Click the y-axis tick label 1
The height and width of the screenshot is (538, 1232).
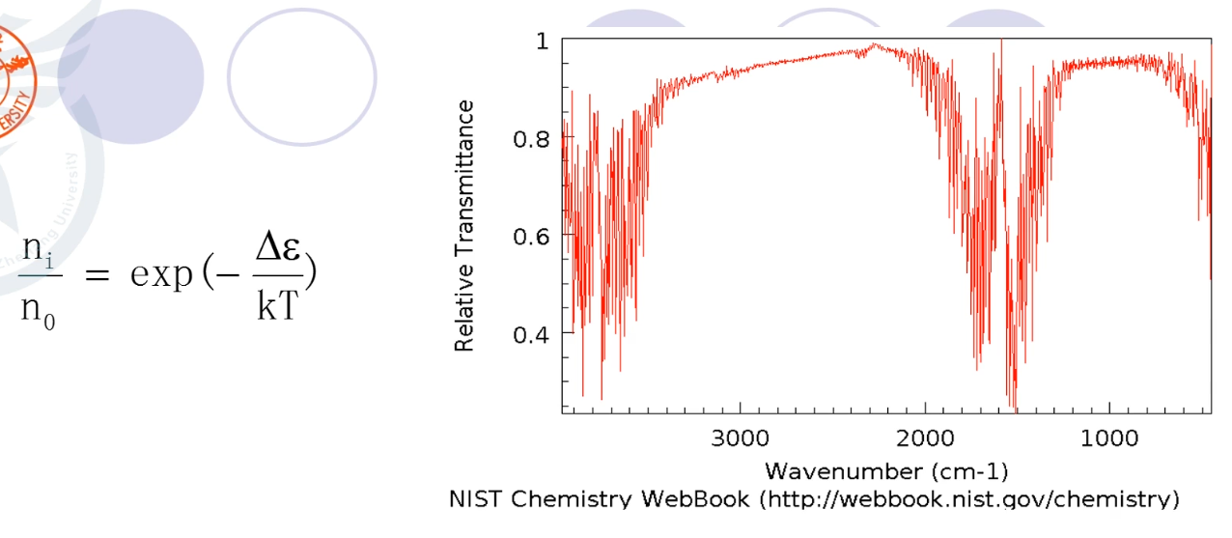541,42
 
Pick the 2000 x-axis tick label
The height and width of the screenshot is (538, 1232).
925,439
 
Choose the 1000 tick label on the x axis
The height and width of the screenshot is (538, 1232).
1108,439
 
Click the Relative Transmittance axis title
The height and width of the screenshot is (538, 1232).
465,226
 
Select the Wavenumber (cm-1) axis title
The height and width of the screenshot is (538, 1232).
886,471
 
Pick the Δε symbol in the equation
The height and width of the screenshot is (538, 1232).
281,252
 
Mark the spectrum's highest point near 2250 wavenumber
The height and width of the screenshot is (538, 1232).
875,43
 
